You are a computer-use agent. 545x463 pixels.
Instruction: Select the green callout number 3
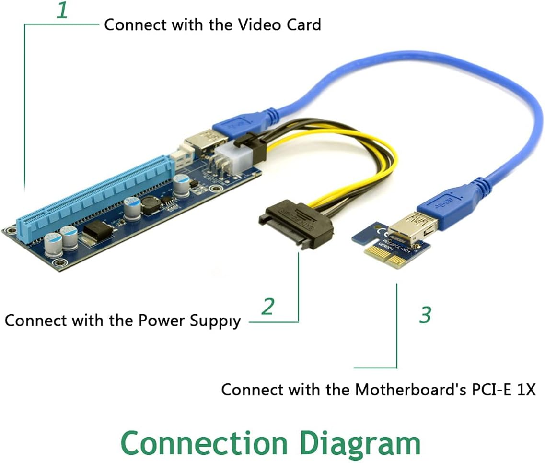pos(425,315)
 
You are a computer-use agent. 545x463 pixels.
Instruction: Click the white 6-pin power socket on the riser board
pos(228,157)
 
